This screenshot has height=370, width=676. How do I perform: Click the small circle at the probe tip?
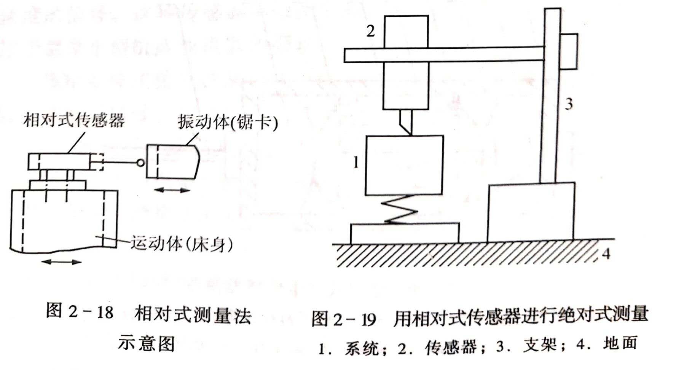coord(140,163)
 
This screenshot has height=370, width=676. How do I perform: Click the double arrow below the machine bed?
coord(61,262)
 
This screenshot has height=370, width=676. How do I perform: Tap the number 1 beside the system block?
coord(356,163)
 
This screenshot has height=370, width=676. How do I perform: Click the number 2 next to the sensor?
coord(370,31)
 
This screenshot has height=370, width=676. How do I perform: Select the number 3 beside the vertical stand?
coord(568,104)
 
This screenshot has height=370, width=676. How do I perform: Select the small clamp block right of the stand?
coord(569,51)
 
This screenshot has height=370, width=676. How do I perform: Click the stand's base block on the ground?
coord(531,212)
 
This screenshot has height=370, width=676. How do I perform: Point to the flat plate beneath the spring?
coord(405,233)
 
